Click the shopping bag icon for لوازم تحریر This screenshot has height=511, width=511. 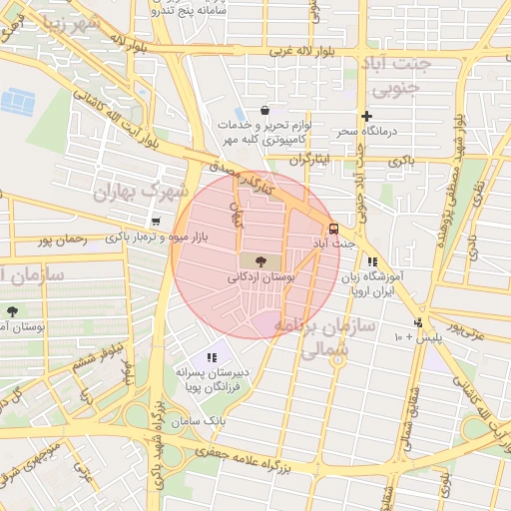(x=264, y=111)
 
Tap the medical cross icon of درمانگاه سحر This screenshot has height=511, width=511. (x=366, y=116)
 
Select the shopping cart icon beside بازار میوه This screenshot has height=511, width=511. (x=155, y=222)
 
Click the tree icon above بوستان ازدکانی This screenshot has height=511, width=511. (x=247, y=260)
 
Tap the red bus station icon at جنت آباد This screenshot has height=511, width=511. (x=333, y=228)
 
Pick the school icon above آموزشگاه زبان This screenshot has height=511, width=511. (x=371, y=261)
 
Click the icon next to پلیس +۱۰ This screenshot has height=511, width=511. (x=417, y=322)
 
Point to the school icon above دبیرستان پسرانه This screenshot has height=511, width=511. (x=211, y=356)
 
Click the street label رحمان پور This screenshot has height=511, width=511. (x=62, y=240)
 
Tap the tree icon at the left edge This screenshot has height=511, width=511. (x=12, y=312)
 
